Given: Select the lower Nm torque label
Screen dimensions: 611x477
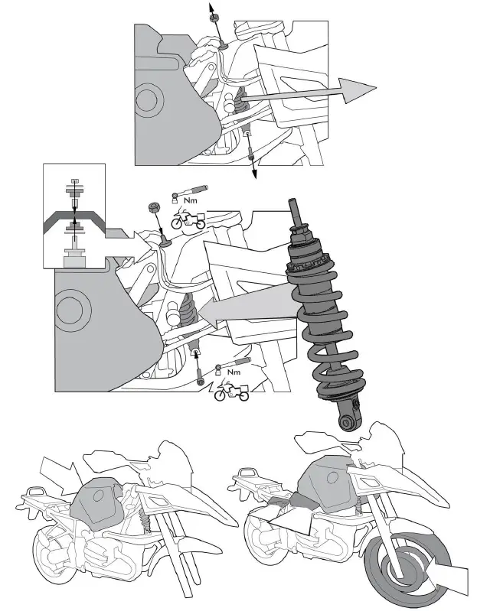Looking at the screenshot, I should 234,372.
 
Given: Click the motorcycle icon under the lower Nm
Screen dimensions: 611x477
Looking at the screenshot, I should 230,392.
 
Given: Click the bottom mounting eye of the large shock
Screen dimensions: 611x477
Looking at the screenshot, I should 347,421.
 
